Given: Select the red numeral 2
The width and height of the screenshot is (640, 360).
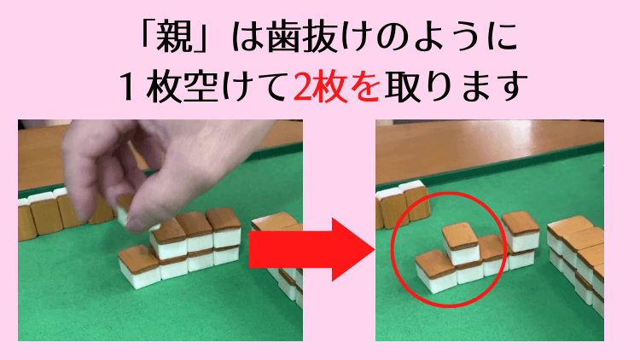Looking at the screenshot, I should (x=302, y=85).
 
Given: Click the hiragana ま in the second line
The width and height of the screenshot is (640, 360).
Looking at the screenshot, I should (x=474, y=85).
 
